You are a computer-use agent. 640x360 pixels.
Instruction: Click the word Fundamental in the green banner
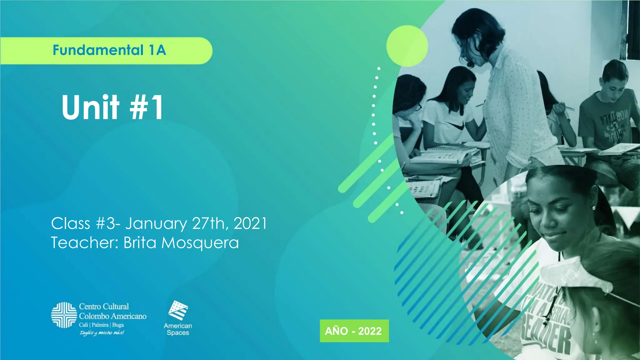pyautogui.click(x=98, y=50)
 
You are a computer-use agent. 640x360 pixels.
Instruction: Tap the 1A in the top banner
pyautogui.click(x=157, y=50)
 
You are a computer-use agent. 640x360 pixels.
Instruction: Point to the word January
pyautogui.click(x=156, y=224)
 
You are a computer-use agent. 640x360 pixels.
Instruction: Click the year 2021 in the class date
pyautogui.click(x=250, y=223)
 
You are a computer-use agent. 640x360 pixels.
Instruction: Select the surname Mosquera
pyautogui.click(x=200, y=243)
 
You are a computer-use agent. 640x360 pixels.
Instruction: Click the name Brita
pyautogui.click(x=141, y=242)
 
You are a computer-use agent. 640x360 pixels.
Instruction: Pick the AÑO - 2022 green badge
pyautogui.click(x=354, y=331)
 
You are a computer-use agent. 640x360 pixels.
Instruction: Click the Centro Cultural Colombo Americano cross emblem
pyautogui.click(x=64, y=315)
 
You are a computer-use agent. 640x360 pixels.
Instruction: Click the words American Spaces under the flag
pyautogui.click(x=178, y=329)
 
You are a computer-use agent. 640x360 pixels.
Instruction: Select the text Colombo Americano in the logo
pyautogui.click(x=112, y=316)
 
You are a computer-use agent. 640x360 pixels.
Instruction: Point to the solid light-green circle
pyautogui.click(x=407, y=46)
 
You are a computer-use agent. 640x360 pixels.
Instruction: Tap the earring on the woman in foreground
pyautogui.click(x=593, y=208)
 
